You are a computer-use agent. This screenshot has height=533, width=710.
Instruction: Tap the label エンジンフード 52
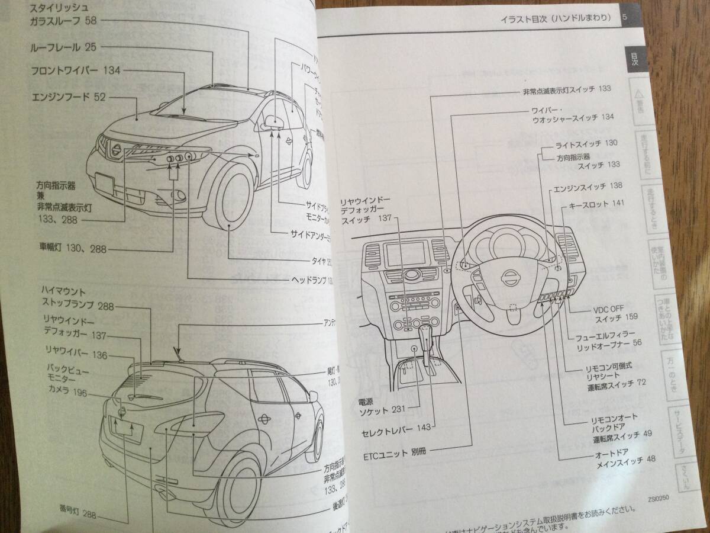(x=68, y=97)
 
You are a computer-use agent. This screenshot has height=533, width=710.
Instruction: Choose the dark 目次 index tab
(x=632, y=62)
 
